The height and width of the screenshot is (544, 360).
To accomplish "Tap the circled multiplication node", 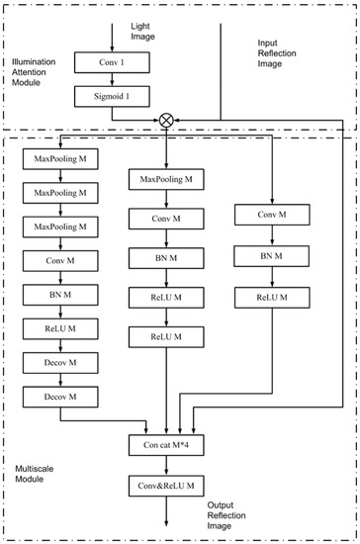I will point(165,120).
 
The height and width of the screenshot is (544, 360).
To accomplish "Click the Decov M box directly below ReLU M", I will point(60,362).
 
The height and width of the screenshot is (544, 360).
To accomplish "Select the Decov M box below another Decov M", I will point(60,396).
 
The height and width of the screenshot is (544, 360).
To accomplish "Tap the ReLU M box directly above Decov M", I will point(60,328).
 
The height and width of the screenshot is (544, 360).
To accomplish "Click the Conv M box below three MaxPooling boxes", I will point(60,260).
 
